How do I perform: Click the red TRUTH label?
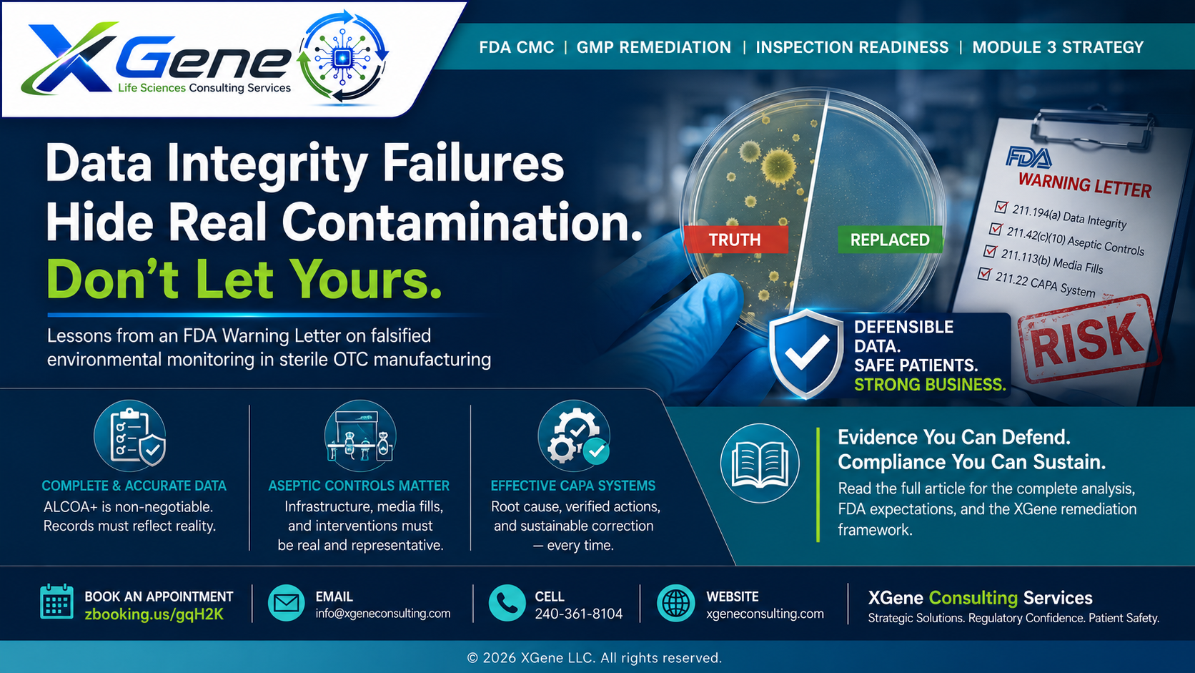[x=735, y=240]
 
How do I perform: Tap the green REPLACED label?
[x=890, y=240]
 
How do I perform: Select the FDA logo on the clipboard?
[x=1028, y=158]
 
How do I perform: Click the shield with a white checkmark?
[x=806, y=354]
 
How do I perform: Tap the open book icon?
[x=760, y=463]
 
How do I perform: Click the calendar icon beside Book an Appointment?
[x=56, y=601]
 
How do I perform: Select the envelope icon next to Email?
[x=287, y=603]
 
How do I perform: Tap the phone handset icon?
[x=507, y=603]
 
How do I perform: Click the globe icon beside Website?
[x=675, y=603]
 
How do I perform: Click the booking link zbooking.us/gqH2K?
[x=154, y=614]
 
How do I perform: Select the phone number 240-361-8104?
[x=579, y=614]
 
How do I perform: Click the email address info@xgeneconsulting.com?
[x=383, y=614]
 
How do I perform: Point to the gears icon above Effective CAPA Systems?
[x=574, y=436]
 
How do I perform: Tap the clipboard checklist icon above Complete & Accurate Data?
[x=129, y=436]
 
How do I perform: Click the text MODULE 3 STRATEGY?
[x=1058, y=47]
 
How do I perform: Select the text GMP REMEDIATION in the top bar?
[x=654, y=47]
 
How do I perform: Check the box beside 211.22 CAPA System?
[x=984, y=275]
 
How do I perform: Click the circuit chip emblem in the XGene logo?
[x=343, y=57]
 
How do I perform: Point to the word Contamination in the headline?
[x=462, y=222]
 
